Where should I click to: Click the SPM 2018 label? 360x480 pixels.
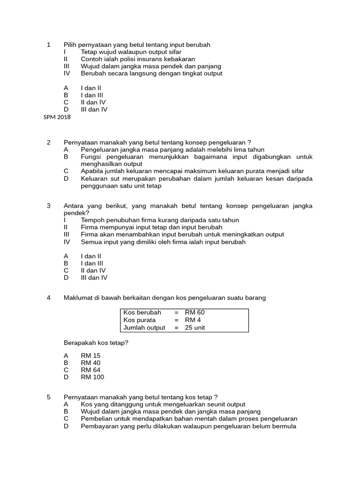[57, 117]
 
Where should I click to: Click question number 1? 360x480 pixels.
[49, 45]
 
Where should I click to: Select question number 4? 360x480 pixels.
[49, 298]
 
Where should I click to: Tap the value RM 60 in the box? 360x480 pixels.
[195, 313]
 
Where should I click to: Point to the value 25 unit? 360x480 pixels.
[195, 328]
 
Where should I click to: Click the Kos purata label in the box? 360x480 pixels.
[140, 320]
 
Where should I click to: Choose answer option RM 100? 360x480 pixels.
[92, 377]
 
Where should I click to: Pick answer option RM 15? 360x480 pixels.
[90, 356]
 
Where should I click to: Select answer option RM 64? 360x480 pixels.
[90, 370]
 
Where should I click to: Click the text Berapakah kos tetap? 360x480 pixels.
[96, 343]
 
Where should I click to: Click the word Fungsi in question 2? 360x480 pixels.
[91, 157]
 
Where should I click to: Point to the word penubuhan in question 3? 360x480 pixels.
[120, 220]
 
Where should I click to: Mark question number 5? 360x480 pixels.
[49, 397]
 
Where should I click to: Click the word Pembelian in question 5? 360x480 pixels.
[96, 419]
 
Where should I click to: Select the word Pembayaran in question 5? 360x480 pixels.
[99, 426]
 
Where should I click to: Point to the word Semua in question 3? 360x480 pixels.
[90, 242]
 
